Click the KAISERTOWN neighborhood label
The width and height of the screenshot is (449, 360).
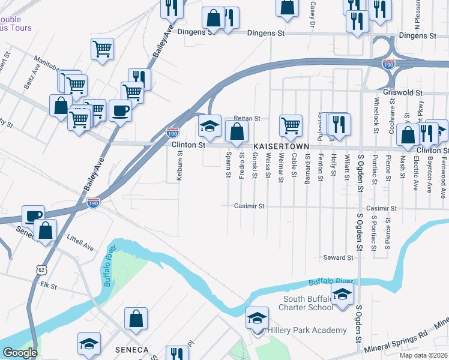(280, 146)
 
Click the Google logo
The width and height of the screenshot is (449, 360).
(20, 353)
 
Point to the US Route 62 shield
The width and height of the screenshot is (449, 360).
(41, 270)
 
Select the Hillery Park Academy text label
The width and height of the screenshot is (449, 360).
(307, 331)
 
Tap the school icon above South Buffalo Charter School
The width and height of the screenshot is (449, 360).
(342, 295)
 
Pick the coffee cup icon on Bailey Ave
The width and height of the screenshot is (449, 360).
(119, 111)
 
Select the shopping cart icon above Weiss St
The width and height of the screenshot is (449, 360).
(291, 125)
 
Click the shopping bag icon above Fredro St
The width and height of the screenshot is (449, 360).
(237, 131)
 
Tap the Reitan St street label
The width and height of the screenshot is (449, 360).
(247, 119)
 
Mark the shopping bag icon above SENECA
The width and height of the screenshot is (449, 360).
(136, 319)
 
